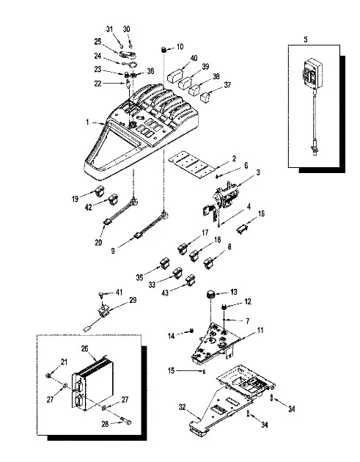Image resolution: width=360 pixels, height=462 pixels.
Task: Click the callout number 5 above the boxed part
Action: click(306, 39)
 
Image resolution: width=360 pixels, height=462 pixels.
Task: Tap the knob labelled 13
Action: click(210, 294)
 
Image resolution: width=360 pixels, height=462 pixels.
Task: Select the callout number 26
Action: click(84, 348)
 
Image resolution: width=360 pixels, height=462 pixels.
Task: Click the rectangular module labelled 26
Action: click(93, 384)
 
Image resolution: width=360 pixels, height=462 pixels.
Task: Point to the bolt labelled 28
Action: click(125, 420)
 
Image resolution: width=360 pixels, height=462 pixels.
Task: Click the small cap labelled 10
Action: click(164, 49)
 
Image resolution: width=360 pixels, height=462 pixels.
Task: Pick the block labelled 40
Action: click(174, 76)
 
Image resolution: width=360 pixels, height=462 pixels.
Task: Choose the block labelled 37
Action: click(205, 97)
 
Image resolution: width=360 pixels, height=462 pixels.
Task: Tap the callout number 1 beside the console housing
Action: click(87, 122)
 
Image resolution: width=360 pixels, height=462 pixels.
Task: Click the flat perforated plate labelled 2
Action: click(191, 164)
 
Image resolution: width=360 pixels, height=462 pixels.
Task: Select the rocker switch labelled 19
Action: click(99, 191)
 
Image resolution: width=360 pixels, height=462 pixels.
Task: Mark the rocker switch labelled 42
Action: click(113, 199)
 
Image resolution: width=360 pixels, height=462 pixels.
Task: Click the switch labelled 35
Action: click(165, 263)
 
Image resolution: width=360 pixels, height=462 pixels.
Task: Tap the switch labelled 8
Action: click(208, 263)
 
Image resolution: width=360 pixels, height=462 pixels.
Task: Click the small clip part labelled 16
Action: click(242, 229)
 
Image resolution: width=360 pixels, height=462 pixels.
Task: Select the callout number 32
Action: click(183, 407)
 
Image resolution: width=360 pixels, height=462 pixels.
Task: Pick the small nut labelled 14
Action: click(191, 331)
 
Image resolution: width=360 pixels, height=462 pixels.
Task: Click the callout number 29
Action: click(133, 300)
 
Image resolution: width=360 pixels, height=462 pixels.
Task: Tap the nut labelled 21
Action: click(48, 375)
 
